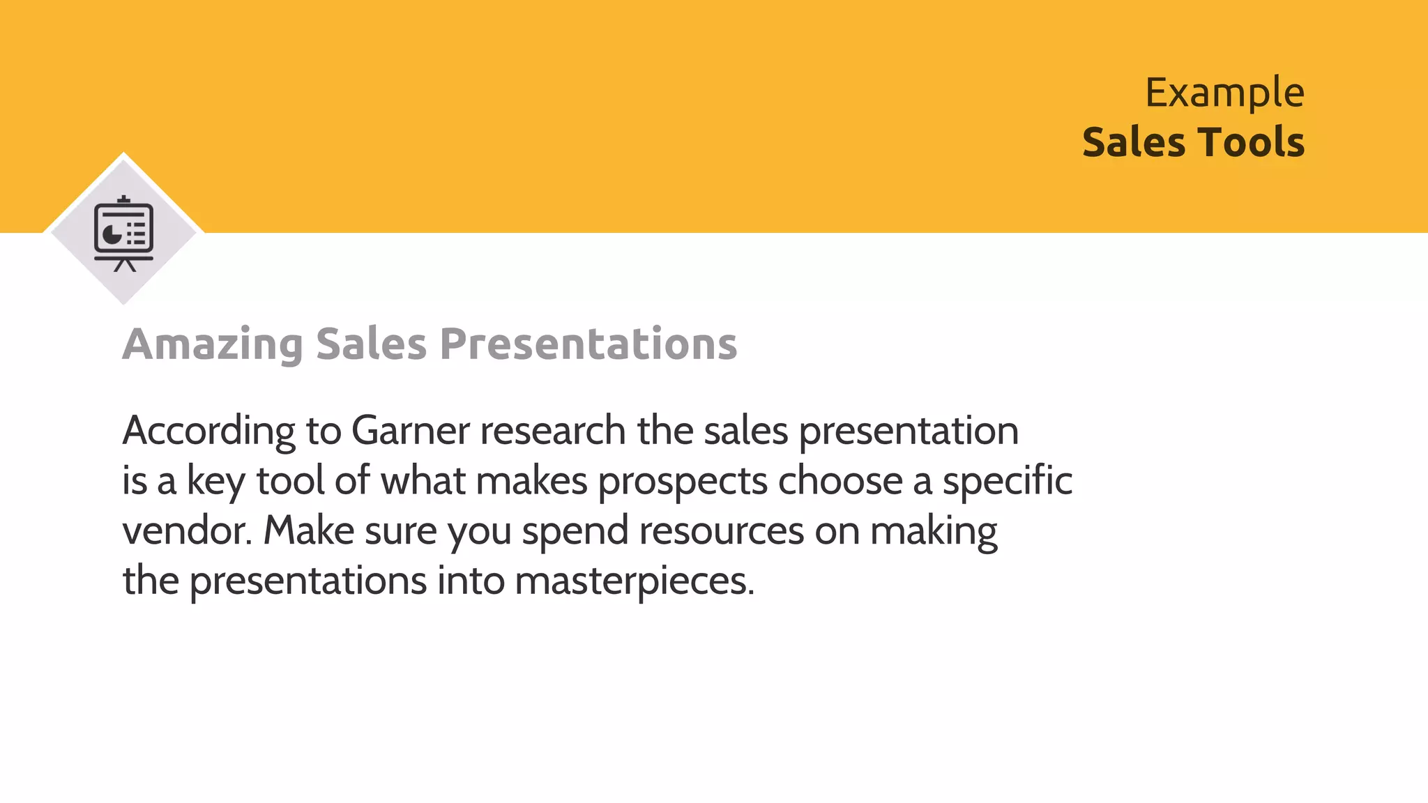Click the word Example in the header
1224,93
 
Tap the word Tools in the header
1251,143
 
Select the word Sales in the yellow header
1134,143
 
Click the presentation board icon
124,234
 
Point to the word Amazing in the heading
213,344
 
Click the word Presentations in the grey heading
588,344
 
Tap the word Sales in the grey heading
370,344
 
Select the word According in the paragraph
208,431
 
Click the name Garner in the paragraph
410,431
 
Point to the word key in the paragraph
215,481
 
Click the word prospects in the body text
682,481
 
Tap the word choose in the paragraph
840,481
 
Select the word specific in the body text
1007,481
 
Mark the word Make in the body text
308,530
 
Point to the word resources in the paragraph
721,530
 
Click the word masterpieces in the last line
634,581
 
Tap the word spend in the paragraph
575,532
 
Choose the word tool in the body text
290,481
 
